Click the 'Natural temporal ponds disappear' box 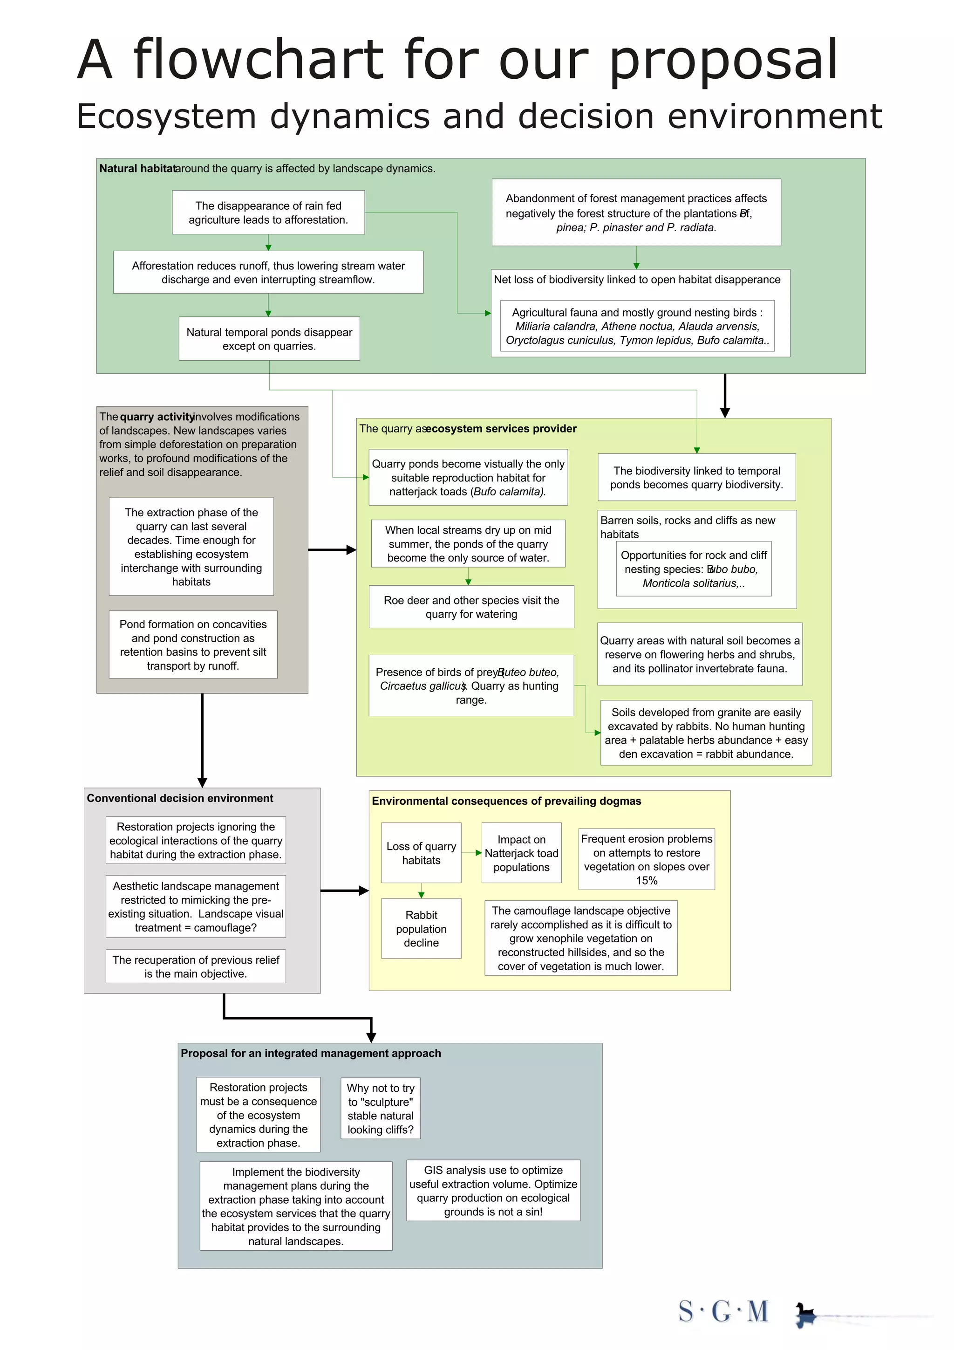(269, 339)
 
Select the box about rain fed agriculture (268, 212)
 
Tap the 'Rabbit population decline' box (421, 928)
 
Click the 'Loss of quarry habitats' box (421, 853)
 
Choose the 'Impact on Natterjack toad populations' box (521, 853)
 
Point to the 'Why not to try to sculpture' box (380, 1108)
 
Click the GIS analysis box (493, 1191)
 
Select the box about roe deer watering (471, 607)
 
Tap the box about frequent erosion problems (647, 859)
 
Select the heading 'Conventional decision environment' (180, 798)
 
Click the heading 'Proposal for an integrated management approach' (310, 1053)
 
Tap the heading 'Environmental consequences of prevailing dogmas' (506, 801)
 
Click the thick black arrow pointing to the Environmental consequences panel (344, 891)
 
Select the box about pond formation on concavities (193, 644)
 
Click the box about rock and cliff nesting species (694, 569)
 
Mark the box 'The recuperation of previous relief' (196, 966)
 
